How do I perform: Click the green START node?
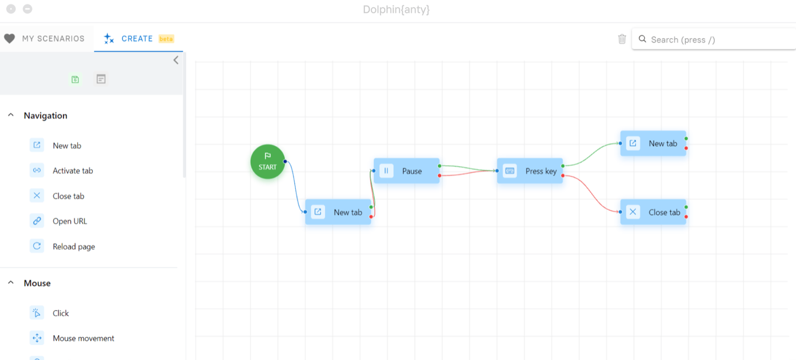pos(268,162)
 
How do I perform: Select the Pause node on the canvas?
pos(406,171)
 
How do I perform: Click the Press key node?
pos(530,171)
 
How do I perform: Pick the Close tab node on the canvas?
pos(653,212)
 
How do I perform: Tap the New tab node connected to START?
pos(338,212)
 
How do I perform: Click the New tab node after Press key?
pos(653,143)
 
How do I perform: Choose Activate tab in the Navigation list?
pos(72,171)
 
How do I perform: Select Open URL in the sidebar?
pos(70,221)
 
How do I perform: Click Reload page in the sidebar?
pos(73,246)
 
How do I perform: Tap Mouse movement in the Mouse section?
pos(83,338)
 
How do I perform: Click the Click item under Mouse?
pos(60,313)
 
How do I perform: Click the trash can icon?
pos(622,39)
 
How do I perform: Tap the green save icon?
pos(75,80)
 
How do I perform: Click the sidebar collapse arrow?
pos(176,60)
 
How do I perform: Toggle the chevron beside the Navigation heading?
pos(11,115)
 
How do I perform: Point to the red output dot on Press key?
pos(563,176)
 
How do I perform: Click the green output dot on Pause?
pos(439,166)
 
